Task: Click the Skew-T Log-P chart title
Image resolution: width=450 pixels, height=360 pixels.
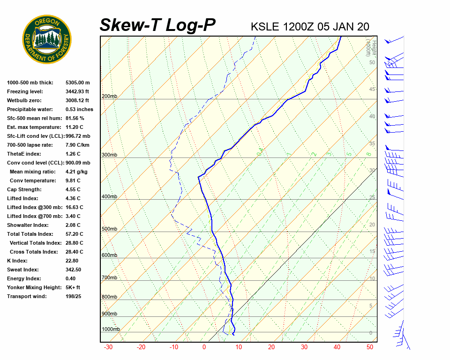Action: tap(158, 25)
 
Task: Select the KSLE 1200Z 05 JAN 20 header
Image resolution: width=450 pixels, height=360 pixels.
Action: tap(310, 26)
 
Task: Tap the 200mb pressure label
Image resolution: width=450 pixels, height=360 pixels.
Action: tap(109, 97)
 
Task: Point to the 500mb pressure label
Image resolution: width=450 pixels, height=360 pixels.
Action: tap(109, 229)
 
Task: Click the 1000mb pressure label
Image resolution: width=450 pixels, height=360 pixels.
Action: tap(111, 330)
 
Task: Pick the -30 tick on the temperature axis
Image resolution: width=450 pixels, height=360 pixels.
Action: tap(108, 347)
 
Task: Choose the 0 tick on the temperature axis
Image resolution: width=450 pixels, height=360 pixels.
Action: tap(204, 347)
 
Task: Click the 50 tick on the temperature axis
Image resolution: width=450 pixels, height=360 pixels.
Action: tap(370, 347)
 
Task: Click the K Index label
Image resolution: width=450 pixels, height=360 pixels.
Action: tap(17, 261)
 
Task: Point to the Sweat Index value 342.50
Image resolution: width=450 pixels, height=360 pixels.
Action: tap(74, 270)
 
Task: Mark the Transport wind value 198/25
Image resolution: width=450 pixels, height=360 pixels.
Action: tap(74, 296)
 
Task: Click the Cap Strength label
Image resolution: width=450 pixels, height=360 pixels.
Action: tap(24, 189)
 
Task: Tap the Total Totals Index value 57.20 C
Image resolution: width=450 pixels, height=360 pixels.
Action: tap(75, 234)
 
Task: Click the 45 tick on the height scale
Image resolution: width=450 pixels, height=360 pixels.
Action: tap(372, 90)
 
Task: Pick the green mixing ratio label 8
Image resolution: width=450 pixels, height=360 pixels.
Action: tap(369, 154)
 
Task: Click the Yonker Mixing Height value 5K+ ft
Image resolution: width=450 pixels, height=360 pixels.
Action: tap(73, 287)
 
